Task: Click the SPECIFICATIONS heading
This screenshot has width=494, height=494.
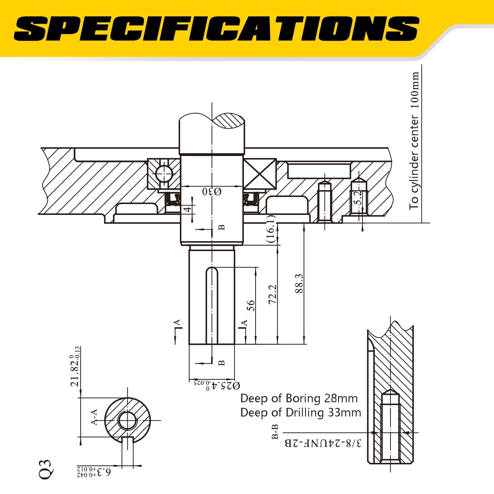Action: point(216,28)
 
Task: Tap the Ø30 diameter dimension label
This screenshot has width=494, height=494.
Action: point(212,192)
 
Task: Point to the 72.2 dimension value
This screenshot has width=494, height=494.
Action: point(272,294)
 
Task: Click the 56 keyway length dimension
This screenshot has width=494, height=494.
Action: point(251,305)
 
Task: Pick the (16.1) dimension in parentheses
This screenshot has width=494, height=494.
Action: point(270,229)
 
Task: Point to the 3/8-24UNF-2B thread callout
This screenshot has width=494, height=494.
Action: point(323,444)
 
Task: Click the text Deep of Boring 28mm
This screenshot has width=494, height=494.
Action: point(299,398)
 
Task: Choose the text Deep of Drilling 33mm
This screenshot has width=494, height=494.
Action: point(300,412)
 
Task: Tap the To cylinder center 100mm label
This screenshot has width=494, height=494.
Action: point(414,141)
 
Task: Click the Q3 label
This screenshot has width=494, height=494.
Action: point(45,469)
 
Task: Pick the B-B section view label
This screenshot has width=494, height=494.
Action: point(275,432)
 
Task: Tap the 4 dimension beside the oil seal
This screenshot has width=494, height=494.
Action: point(187,210)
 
